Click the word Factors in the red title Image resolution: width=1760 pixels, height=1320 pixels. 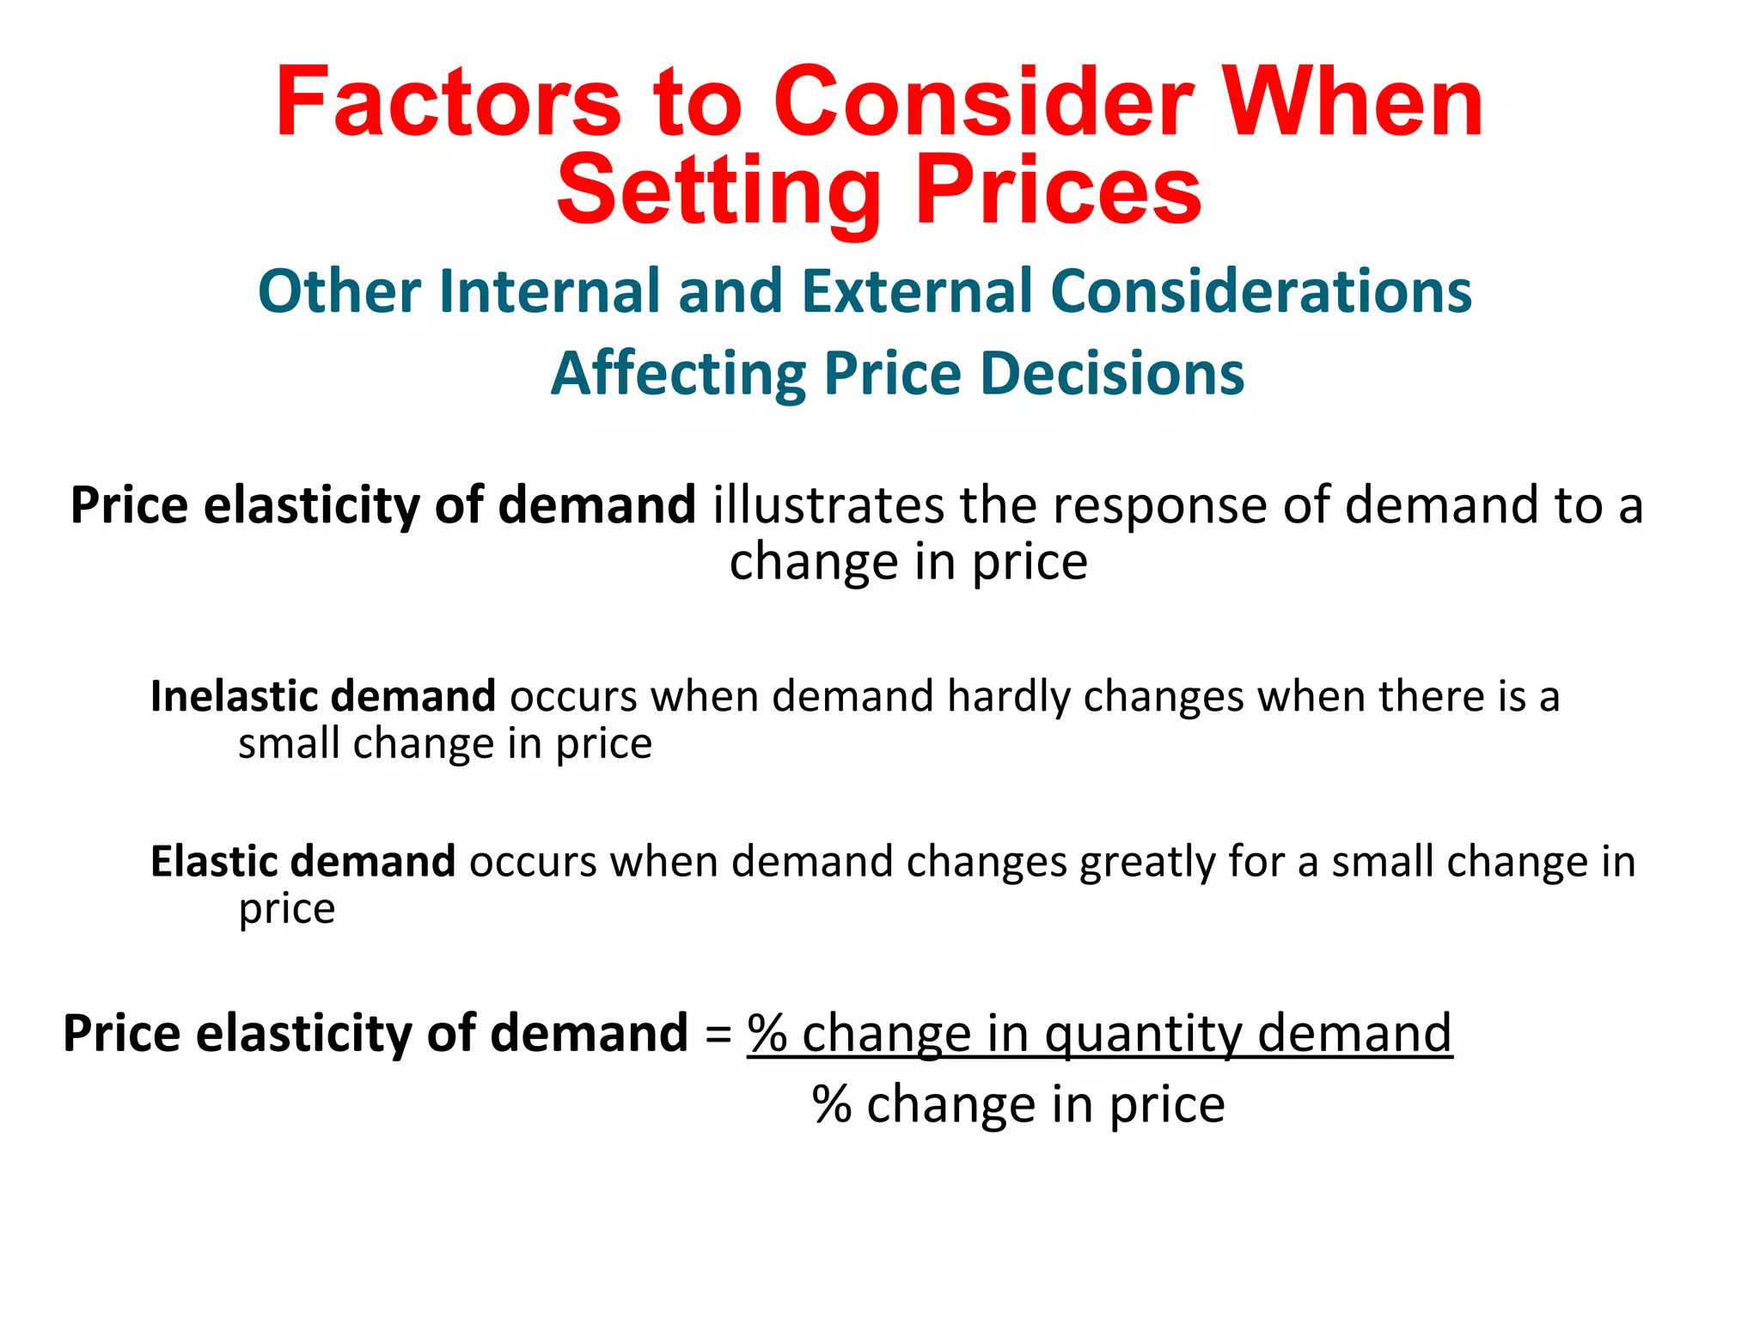(x=448, y=102)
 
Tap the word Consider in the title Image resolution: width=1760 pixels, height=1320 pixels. (x=983, y=102)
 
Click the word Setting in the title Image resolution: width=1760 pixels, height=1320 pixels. (x=718, y=191)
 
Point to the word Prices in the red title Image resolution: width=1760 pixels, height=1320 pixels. (x=1058, y=191)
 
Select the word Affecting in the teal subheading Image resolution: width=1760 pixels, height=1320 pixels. (x=677, y=374)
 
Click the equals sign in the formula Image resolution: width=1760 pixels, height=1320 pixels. (x=718, y=1034)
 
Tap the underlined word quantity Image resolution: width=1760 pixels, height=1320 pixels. (x=1143, y=1034)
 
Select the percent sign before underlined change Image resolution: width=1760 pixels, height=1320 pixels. (x=767, y=1033)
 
